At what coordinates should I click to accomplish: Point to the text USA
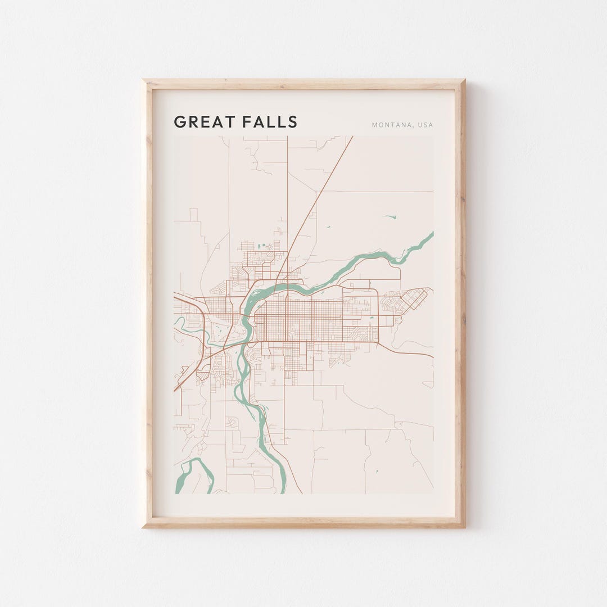point(425,125)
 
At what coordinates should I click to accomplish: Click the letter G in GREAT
point(179,122)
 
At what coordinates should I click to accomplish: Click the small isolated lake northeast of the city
point(390,217)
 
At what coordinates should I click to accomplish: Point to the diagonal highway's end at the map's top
point(352,137)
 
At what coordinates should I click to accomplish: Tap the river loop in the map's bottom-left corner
point(194,472)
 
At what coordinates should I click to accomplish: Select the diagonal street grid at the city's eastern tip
point(416,298)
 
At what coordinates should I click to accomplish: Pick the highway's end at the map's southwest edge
point(175,389)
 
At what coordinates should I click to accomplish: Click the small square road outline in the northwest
point(193,215)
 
